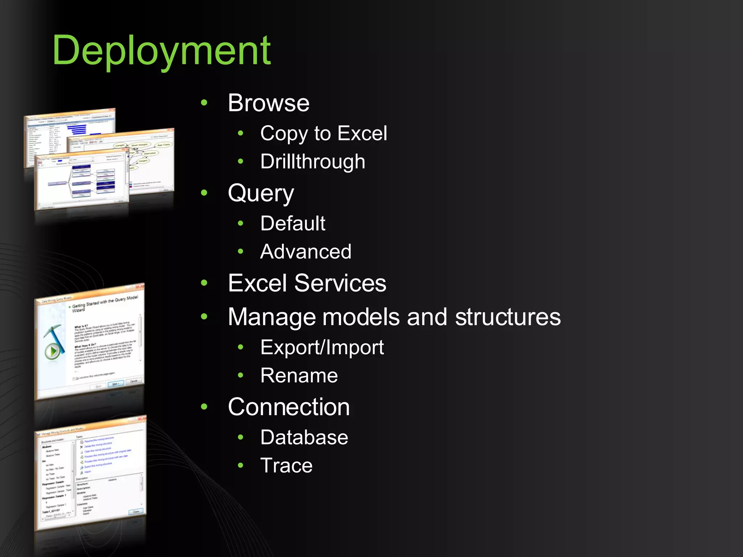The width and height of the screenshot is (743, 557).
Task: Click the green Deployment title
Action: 161,51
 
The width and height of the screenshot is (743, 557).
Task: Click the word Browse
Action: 268,103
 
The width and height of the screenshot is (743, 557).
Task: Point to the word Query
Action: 261,193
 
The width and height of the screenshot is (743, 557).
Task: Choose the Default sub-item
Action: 293,223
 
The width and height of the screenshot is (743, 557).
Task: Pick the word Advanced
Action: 306,252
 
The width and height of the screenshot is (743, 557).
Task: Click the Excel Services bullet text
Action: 307,283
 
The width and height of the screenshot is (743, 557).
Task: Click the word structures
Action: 508,317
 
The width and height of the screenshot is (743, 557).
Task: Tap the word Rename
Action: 299,376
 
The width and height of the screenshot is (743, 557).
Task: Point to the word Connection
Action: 289,407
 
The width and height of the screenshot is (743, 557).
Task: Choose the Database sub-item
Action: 304,437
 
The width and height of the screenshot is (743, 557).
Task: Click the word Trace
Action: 286,466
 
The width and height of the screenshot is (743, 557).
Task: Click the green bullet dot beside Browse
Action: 204,103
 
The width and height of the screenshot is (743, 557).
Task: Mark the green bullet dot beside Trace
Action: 240,466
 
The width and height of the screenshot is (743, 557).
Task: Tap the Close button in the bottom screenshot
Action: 136,512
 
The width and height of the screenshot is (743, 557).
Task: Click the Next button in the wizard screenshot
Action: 115,384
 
